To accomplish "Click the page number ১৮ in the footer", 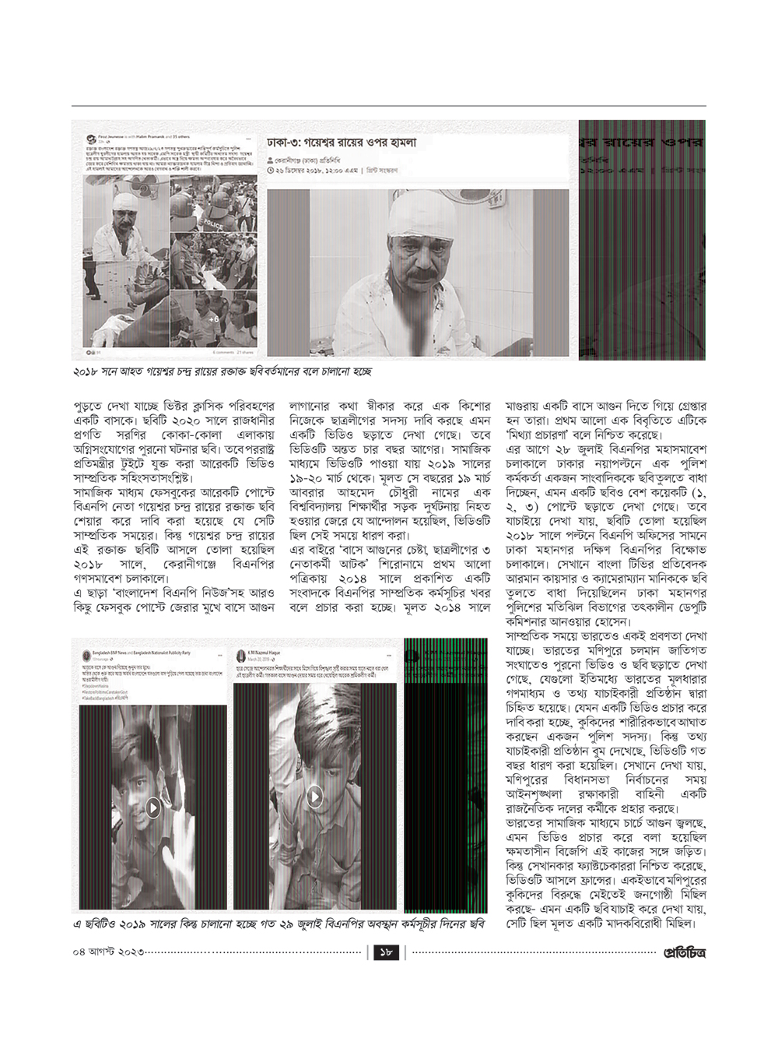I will point(387,952).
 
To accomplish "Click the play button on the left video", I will point(152,807).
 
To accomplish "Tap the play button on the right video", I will point(314,796).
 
